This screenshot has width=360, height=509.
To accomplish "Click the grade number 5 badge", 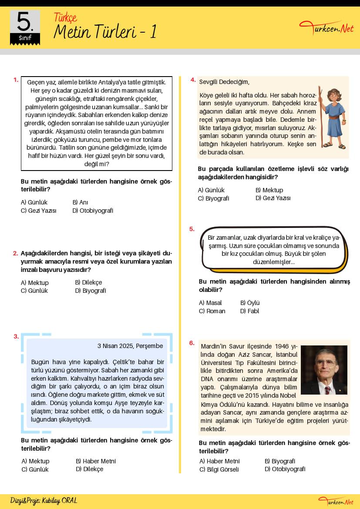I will click(25, 27).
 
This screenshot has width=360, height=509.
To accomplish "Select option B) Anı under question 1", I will click(81, 202).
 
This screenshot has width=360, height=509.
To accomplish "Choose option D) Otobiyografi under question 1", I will click(93, 211).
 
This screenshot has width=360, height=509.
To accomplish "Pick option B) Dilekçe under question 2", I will click(88, 282).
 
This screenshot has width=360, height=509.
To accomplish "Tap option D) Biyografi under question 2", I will click(91, 291).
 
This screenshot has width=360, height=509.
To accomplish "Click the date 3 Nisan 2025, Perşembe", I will click(130, 346).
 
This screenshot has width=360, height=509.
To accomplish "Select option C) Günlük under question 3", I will click(35, 469).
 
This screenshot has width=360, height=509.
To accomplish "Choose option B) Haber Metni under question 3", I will click(96, 461).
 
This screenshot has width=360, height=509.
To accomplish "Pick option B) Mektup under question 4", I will click(269, 190).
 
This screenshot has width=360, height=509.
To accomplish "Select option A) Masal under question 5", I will click(210, 303).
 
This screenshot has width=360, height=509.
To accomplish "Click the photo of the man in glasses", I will click(324, 370).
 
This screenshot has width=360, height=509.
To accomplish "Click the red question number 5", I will click(192, 229).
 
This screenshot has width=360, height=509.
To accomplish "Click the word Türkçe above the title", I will click(65, 17).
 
